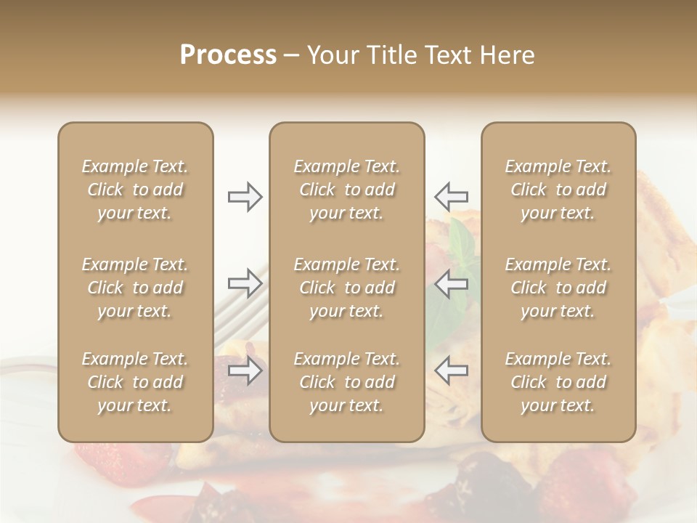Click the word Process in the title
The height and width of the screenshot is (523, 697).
click(x=228, y=55)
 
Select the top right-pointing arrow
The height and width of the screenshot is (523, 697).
click(x=245, y=197)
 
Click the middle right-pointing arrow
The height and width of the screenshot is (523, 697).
click(x=245, y=283)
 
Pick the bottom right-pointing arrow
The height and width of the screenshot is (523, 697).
click(x=245, y=371)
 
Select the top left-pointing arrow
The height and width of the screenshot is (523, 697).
click(x=451, y=197)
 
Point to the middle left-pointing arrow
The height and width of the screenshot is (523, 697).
click(x=451, y=283)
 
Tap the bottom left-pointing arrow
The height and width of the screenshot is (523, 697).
click(x=451, y=371)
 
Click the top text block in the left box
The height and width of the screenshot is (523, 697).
click(x=135, y=190)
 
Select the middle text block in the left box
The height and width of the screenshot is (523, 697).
click(x=135, y=288)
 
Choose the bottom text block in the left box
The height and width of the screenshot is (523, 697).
click(x=135, y=382)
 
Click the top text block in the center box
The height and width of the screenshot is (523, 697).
click(x=346, y=190)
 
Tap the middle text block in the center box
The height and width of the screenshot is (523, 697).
click(x=346, y=288)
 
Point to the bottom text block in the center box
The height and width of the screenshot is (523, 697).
click(x=346, y=382)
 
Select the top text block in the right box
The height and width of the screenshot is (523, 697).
click(x=558, y=190)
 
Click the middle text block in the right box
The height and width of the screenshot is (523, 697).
click(x=558, y=288)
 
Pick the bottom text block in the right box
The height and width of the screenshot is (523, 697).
click(x=558, y=382)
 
